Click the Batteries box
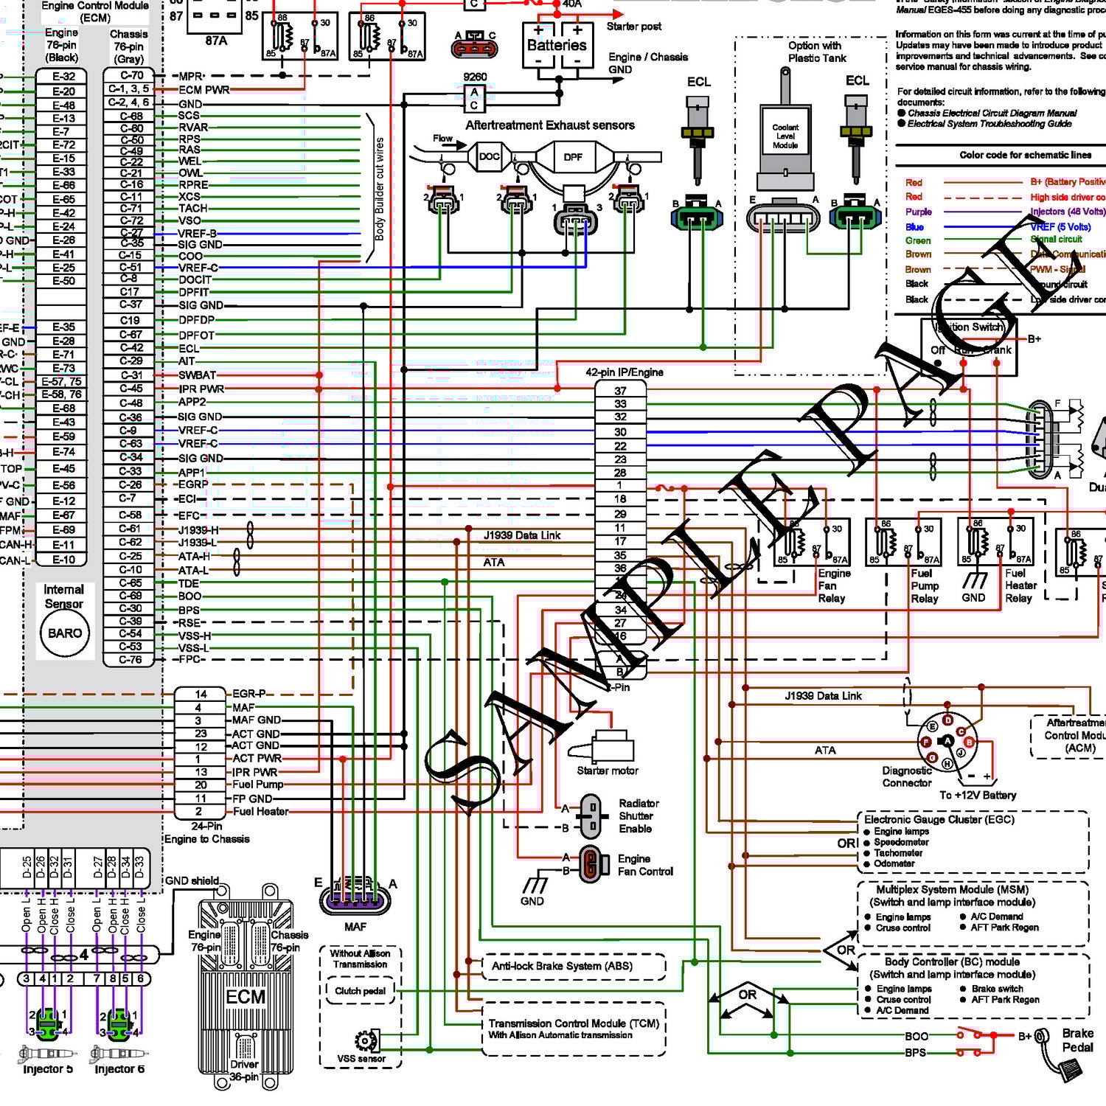557,45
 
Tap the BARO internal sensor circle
65,633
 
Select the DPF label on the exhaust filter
573,157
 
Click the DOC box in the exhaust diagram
489,156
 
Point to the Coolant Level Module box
785,137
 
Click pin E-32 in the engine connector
63,76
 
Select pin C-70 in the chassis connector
131,75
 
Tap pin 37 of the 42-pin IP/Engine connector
620,391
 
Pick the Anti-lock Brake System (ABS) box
562,966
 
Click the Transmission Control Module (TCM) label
573,1023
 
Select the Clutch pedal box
360,991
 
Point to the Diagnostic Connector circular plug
947,740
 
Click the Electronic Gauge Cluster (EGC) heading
939,819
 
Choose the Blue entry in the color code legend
914,227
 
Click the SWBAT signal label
197,375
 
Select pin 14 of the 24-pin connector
201,695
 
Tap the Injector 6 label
119,1069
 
